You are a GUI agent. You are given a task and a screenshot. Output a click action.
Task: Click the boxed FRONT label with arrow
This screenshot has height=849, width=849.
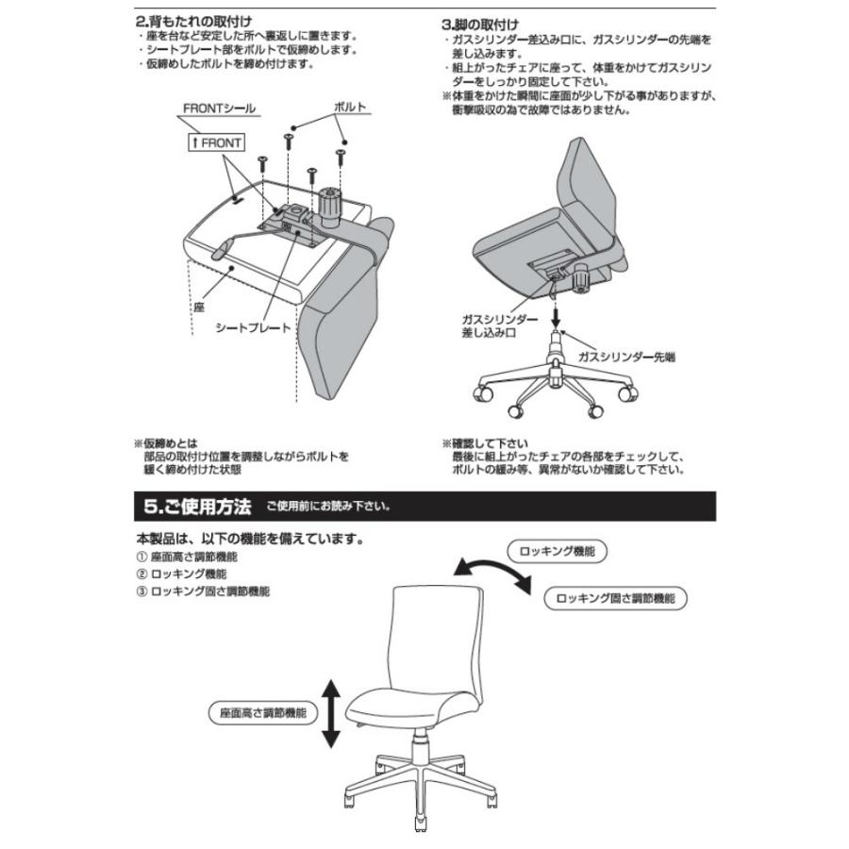(x=216, y=142)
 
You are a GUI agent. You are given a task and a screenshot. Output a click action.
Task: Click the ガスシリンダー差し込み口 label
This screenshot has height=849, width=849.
(x=500, y=326)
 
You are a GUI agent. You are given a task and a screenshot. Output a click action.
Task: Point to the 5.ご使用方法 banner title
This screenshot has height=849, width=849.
(x=197, y=507)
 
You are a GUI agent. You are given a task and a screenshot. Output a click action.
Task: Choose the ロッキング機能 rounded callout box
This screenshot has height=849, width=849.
(x=558, y=552)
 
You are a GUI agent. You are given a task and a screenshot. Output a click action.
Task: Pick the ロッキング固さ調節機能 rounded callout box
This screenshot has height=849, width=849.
(x=615, y=598)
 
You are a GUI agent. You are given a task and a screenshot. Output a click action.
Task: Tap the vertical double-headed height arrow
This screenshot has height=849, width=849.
(x=331, y=714)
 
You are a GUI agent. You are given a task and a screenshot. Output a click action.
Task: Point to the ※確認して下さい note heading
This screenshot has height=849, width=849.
(x=485, y=442)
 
